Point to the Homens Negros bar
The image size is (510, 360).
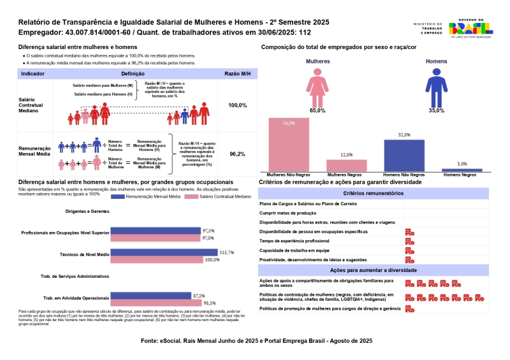[462, 169]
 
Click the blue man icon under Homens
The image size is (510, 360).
[436, 88]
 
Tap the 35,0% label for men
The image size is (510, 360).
[436, 111]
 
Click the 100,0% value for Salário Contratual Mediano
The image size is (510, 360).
[237, 105]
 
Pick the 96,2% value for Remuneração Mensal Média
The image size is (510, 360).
[237, 154]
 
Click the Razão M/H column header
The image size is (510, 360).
[237, 74]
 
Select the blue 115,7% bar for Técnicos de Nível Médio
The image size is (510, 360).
[164, 253]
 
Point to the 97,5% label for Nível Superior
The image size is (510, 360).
[208, 231]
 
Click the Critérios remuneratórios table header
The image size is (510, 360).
[373, 192]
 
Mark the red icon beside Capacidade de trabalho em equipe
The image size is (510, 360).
[410, 251]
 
